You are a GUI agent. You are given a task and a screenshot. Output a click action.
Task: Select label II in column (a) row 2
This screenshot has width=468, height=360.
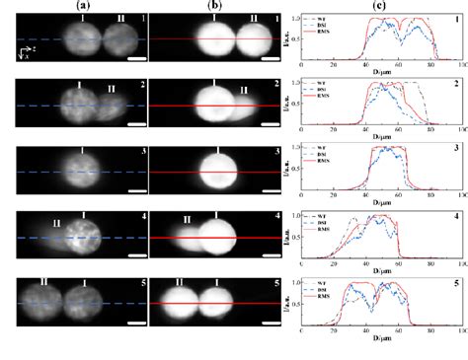[x=111, y=89]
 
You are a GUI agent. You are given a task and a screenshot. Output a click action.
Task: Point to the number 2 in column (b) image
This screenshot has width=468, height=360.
[x=282, y=85]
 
